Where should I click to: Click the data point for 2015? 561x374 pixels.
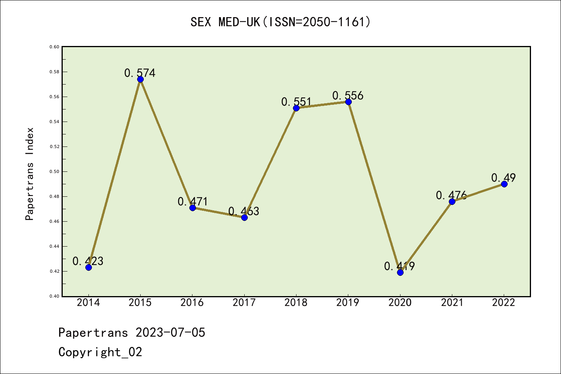point(140,79)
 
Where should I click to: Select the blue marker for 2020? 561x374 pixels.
point(400,272)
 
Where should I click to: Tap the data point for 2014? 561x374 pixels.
point(88,267)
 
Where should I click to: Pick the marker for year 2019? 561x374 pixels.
point(348,102)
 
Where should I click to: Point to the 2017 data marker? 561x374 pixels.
point(244,217)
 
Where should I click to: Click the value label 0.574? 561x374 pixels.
point(140,73)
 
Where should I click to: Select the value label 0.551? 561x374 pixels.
point(296,102)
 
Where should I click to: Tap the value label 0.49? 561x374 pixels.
point(503,178)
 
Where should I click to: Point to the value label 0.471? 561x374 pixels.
point(193,201)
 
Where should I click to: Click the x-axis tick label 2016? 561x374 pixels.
point(192,303)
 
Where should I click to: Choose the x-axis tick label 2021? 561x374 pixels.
point(452,303)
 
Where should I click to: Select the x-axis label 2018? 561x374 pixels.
point(296,303)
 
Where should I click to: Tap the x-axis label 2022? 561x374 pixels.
point(504,303)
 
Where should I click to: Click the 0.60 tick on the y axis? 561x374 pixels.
point(54,47)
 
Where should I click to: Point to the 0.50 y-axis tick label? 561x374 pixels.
point(54,172)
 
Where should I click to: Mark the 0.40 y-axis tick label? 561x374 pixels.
point(54,296)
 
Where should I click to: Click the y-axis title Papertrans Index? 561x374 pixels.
point(30,174)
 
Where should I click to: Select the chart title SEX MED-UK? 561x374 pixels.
point(280,22)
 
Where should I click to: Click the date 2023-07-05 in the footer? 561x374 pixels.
point(170,333)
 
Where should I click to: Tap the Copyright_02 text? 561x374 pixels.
point(100,352)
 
